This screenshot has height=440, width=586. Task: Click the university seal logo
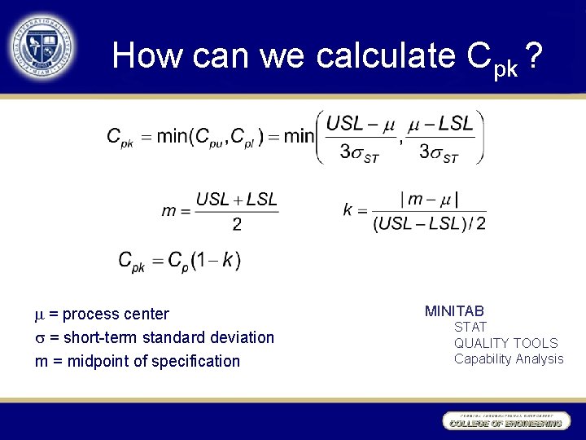(x=42, y=45)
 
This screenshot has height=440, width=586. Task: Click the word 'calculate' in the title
(x=383, y=55)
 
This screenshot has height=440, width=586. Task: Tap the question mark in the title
(x=533, y=55)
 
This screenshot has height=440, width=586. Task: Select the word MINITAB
(x=454, y=310)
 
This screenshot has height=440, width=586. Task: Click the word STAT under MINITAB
(x=470, y=327)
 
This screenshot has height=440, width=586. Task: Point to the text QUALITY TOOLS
(x=505, y=343)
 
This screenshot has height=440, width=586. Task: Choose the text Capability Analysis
(x=509, y=359)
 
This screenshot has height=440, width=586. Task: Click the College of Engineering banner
(x=505, y=420)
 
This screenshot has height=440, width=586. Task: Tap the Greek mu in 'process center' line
(x=39, y=315)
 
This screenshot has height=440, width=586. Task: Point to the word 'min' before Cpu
(x=171, y=136)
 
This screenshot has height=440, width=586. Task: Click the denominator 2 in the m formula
(x=237, y=224)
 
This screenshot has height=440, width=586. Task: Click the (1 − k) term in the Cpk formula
(x=215, y=261)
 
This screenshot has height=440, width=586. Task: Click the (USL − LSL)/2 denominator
(x=429, y=223)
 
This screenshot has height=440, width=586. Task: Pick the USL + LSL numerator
(x=237, y=199)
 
